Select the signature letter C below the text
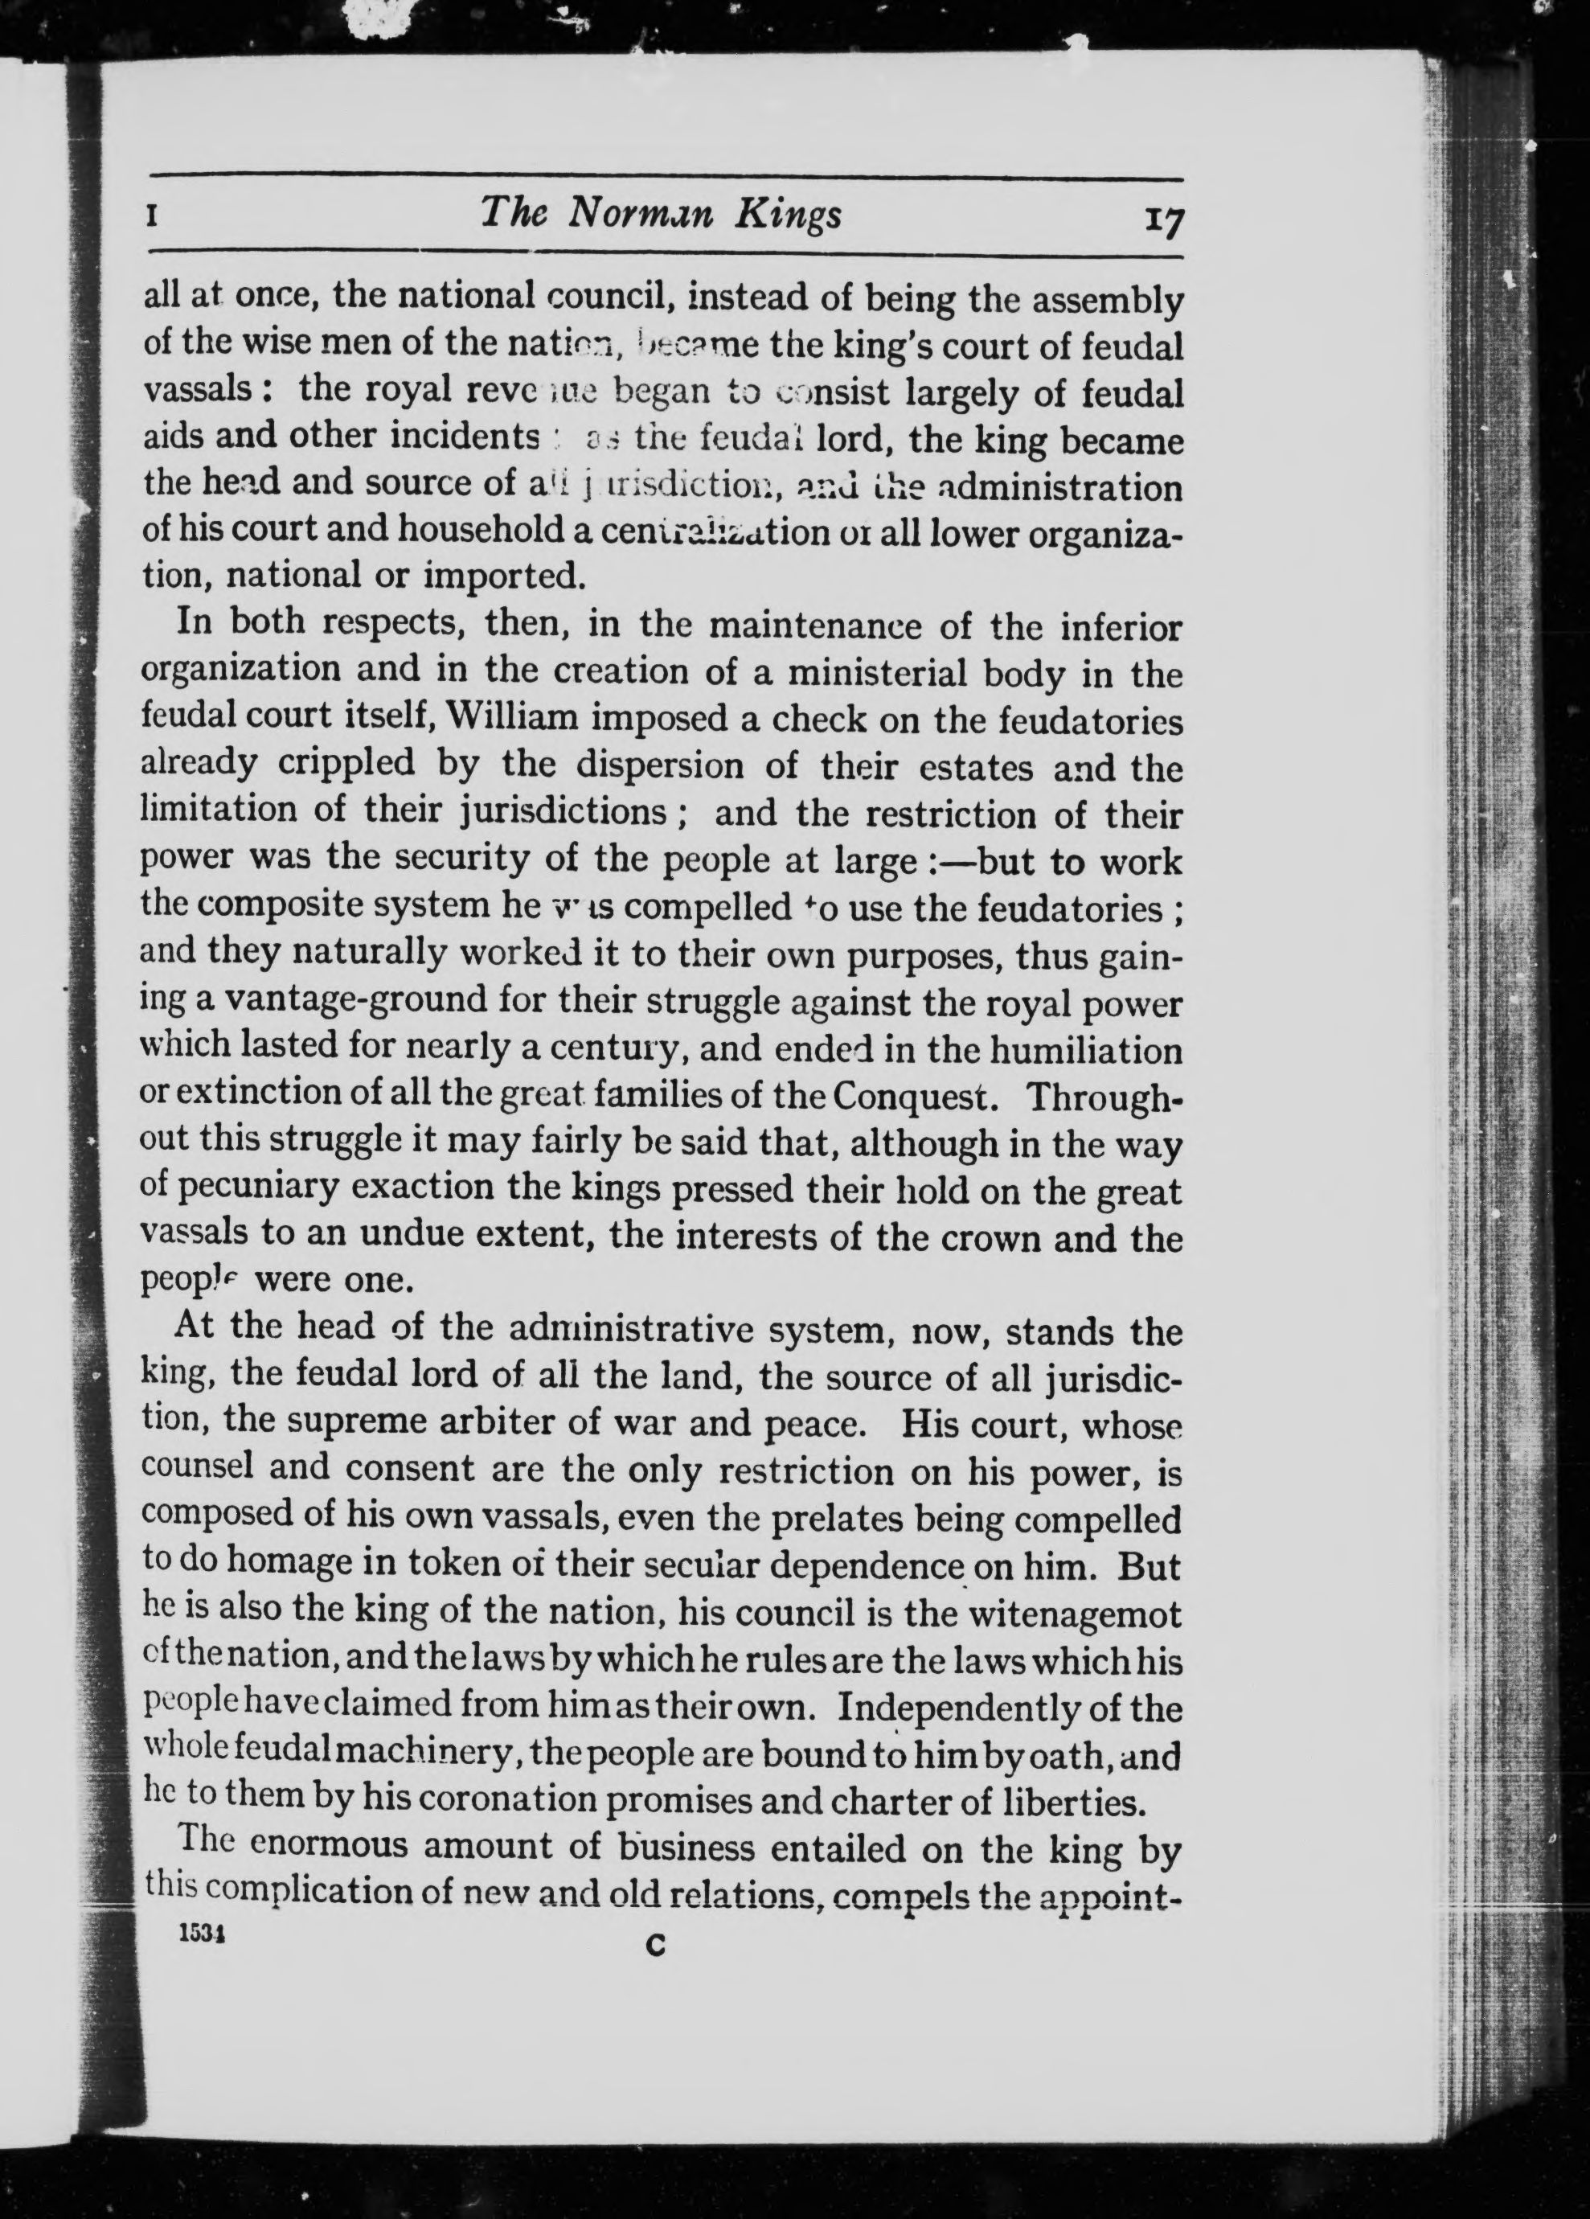click(656, 1947)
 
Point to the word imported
click(504, 576)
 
